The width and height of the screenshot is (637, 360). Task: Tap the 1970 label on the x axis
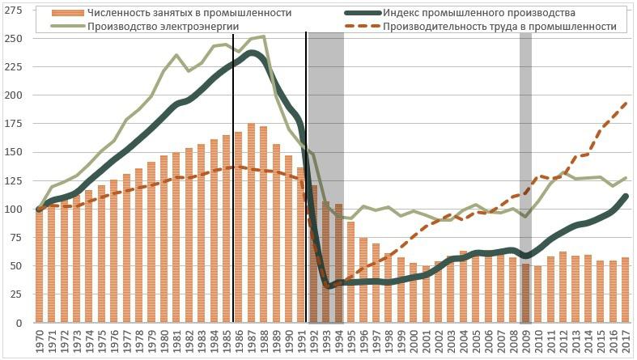(x=38, y=340)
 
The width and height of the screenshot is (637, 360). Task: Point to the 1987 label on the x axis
(x=251, y=340)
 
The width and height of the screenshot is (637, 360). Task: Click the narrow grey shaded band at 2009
(x=525, y=162)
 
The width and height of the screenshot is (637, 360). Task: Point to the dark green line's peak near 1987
(x=253, y=53)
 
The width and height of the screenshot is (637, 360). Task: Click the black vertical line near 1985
(x=233, y=178)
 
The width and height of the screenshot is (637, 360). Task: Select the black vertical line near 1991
(x=306, y=178)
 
